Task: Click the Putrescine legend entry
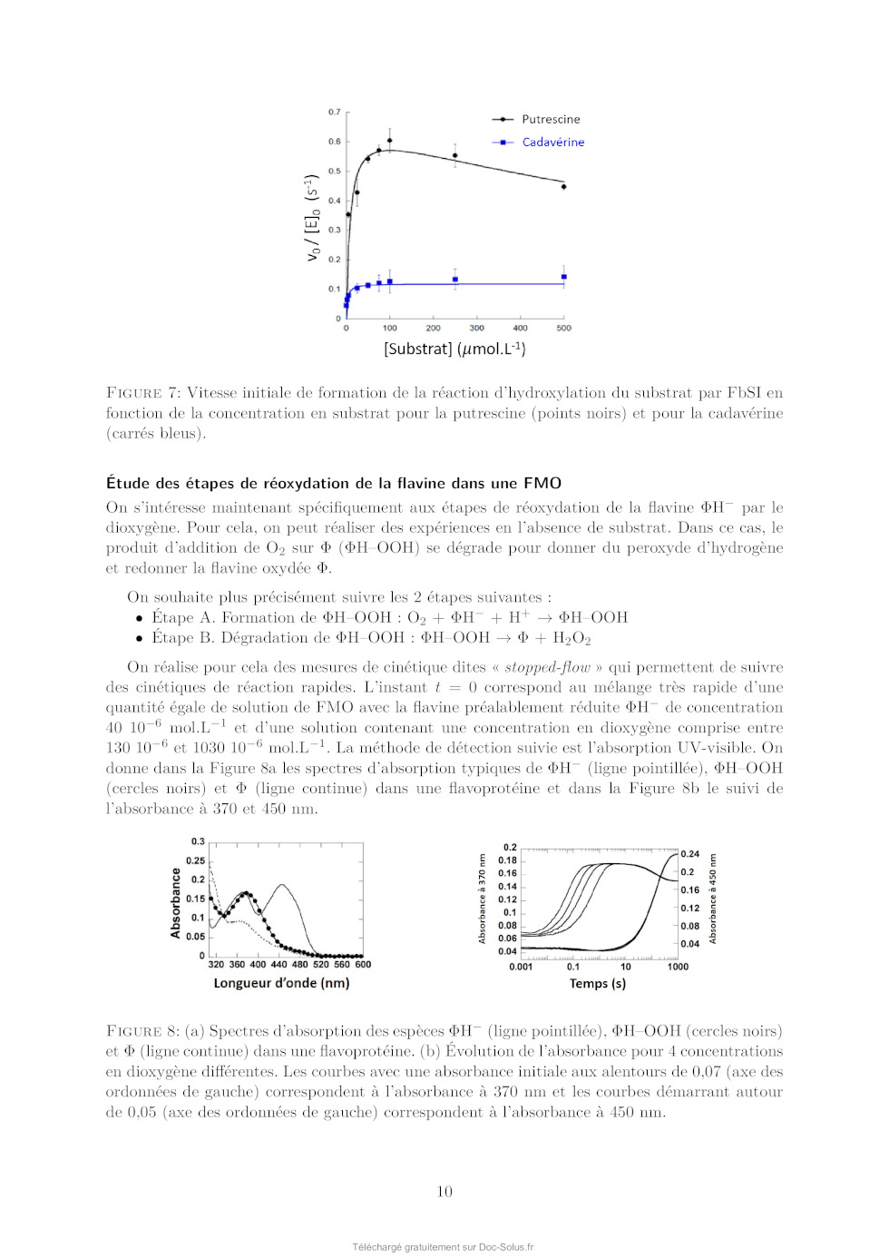[x=550, y=119]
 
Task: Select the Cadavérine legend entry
[x=552, y=143]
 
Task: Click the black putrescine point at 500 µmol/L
[x=564, y=187]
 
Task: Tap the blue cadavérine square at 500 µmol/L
[x=564, y=277]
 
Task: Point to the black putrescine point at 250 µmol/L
[x=455, y=156]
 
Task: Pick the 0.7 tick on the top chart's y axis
[x=335, y=113]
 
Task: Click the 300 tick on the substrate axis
[x=477, y=329]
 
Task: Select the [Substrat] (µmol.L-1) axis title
[x=454, y=349]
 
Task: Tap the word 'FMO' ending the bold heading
[x=542, y=484]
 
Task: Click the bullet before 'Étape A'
[x=139, y=618]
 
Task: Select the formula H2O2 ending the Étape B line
[x=571, y=638]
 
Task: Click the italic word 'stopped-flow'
[x=547, y=667]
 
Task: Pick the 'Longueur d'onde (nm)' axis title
[x=281, y=983]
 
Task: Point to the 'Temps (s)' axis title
[x=597, y=984]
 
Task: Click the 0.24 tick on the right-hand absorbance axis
[x=689, y=854]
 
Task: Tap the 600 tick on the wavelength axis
[x=363, y=965]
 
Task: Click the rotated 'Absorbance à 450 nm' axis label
[x=713, y=898]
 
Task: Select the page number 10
[x=444, y=1192]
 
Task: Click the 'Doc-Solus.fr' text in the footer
[x=506, y=1247]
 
